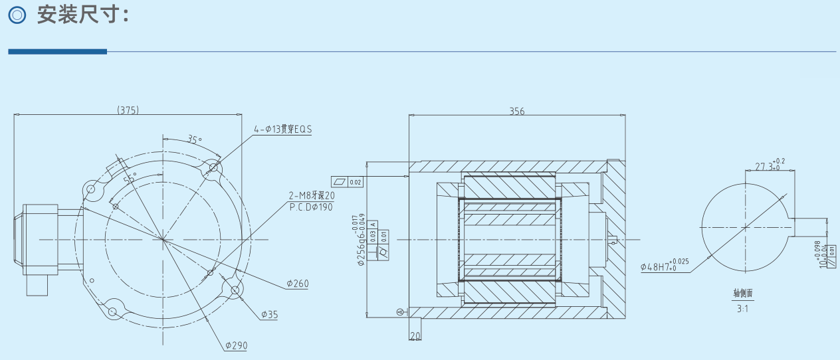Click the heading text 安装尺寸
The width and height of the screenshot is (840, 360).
tap(82, 15)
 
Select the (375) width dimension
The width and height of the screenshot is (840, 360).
tap(128, 110)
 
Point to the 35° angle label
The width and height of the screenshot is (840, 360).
tap(194, 139)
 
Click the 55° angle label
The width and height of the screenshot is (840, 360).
tap(129, 178)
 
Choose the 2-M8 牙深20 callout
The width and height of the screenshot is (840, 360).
tap(312, 196)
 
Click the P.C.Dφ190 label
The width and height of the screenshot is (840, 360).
tap(312, 207)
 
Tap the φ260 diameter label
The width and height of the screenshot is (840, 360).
tap(298, 284)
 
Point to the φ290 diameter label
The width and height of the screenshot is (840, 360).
tap(235, 345)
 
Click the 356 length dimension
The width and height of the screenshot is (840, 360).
tap(516, 112)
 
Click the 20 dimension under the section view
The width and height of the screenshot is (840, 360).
tap(415, 336)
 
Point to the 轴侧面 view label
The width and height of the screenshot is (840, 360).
tap(742, 293)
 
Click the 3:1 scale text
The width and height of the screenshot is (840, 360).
tap(742, 308)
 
